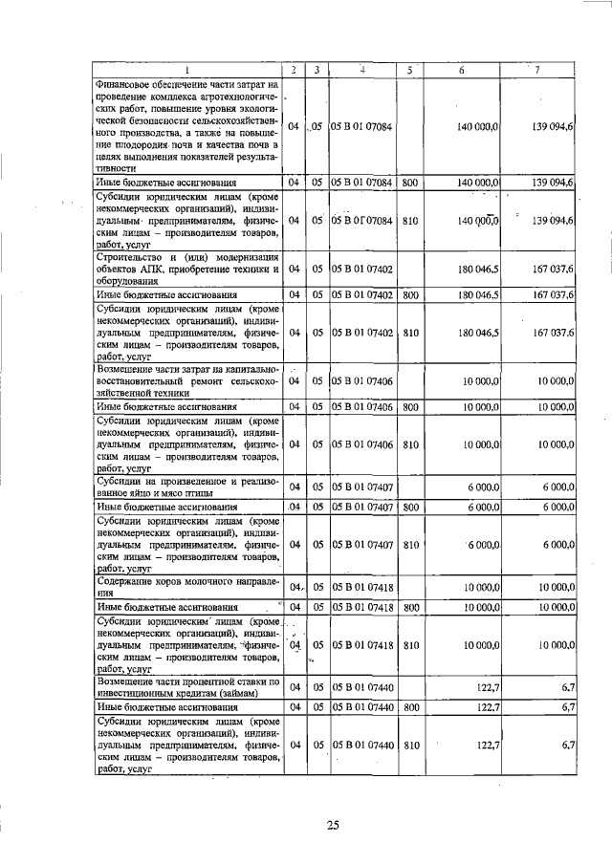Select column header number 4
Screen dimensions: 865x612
pos(362,69)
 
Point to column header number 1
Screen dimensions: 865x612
pos(187,69)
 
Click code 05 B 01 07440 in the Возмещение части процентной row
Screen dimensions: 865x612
pos(362,686)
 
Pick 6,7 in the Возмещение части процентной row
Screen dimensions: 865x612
pos(567,686)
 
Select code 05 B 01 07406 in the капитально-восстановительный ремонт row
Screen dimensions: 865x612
pos(362,381)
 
